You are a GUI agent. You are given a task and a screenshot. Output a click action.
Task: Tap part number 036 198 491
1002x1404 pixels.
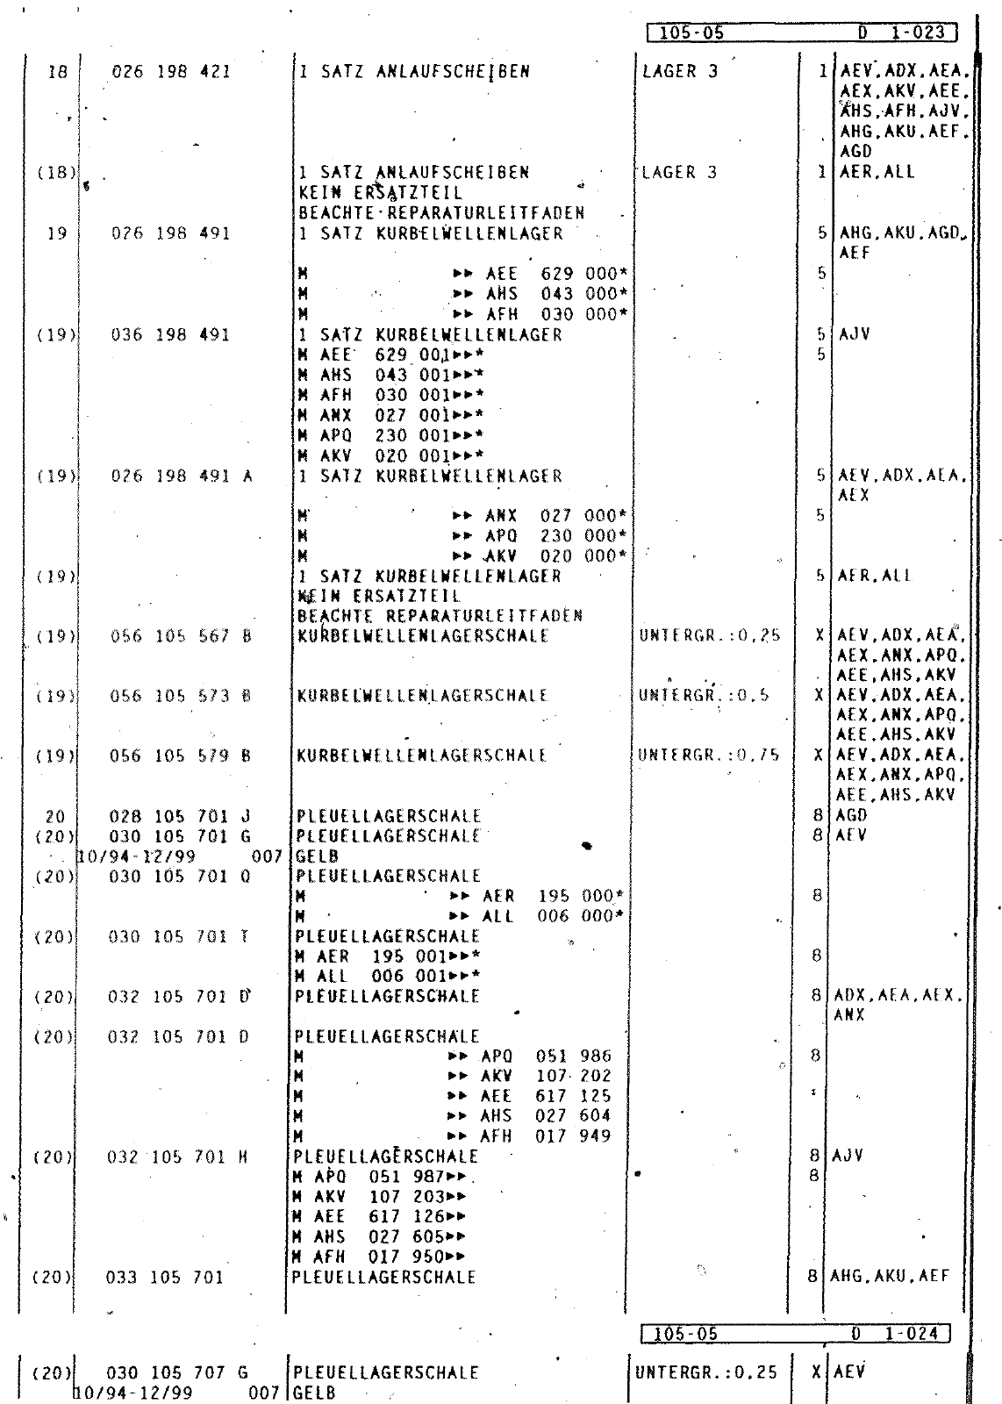coord(171,335)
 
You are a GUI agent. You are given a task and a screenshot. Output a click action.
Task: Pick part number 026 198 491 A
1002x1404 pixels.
coord(182,476)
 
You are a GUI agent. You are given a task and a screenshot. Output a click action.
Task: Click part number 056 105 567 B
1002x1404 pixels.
coord(181,636)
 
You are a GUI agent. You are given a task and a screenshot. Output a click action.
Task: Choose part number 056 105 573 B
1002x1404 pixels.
coord(181,696)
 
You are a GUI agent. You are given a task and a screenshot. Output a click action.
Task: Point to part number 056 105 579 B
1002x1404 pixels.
coord(181,756)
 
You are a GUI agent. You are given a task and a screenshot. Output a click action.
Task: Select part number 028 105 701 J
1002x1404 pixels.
coord(180,817)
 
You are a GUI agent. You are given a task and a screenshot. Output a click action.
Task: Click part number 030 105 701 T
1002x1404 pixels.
coord(179,937)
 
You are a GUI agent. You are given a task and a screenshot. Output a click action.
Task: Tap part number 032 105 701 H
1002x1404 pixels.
coord(179,1157)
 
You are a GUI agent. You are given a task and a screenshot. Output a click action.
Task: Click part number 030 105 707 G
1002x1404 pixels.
coord(178,1372)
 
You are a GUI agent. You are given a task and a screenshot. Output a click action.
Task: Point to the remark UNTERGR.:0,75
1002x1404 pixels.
coord(709,756)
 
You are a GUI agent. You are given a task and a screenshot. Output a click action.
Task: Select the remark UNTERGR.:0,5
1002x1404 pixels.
coord(705,696)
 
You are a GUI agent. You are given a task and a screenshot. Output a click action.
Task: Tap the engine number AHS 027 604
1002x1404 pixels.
coord(545,1116)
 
